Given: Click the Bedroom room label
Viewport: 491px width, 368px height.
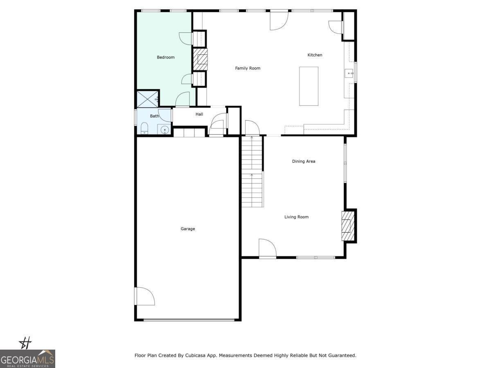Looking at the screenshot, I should click(x=166, y=57).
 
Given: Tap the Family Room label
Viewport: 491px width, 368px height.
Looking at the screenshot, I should click(x=248, y=68).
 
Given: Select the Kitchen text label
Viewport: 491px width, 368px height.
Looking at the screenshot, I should click(x=315, y=55).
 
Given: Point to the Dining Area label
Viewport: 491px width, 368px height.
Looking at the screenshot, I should click(x=304, y=162).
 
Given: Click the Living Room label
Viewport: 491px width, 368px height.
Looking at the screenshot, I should click(x=296, y=217).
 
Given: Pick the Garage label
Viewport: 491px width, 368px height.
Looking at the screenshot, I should click(x=188, y=229).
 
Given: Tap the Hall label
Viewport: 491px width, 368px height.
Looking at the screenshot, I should click(x=199, y=114).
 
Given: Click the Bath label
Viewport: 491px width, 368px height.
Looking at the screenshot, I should click(x=154, y=116).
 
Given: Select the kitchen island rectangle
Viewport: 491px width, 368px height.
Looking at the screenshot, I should click(x=309, y=86).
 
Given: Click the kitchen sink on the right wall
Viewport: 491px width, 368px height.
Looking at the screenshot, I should click(x=349, y=74).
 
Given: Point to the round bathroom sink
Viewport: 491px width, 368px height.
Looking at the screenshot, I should click(x=165, y=130).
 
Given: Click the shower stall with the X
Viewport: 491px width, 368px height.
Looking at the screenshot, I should click(x=147, y=99).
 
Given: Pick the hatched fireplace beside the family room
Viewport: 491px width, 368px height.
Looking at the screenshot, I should click(x=200, y=60).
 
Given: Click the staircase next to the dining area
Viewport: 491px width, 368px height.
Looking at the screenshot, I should click(x=252, y=172).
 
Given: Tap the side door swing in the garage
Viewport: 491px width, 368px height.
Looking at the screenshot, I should click(x=145, y=296).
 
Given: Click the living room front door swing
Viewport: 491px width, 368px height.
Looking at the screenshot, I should click(x=267, y=249).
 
